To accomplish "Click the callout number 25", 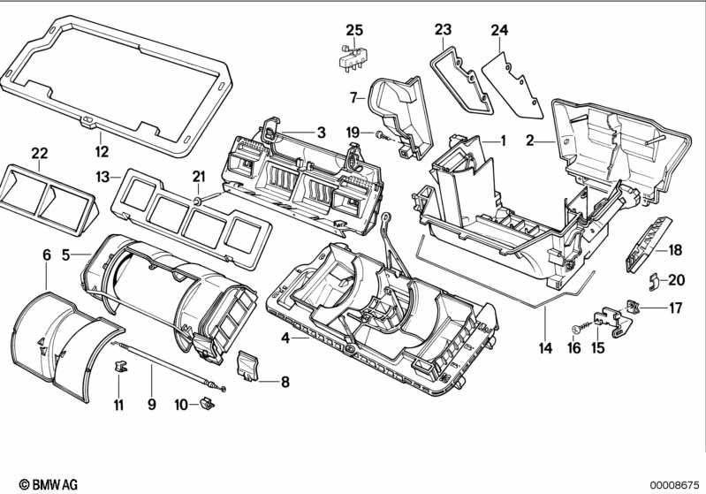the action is (354, 30).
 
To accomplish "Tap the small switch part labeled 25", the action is (352, 57).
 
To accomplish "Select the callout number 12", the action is (102, 151).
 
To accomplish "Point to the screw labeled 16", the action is (580, 328).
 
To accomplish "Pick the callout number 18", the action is (675, 250).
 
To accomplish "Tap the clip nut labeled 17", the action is (633, 308).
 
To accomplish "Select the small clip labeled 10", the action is (207, 403).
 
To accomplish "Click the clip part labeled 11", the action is (121, 366).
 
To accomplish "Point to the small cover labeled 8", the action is (247, 365).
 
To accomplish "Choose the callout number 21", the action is (199, 177).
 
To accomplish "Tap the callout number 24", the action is (499, 30).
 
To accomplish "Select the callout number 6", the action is (47, 255).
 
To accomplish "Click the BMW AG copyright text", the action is (49, 484).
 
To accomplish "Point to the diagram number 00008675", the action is (674, 485).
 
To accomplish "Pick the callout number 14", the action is (545, 347).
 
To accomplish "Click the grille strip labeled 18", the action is (648, 245).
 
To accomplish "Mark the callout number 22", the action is (40, 153).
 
